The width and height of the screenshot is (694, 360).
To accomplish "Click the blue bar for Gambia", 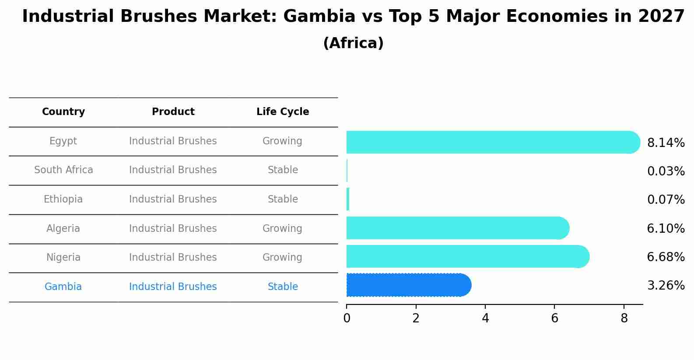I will coord(408,285).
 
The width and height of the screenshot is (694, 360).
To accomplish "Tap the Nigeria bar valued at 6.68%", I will coord(467,257).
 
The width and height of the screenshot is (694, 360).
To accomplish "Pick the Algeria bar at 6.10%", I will coord(457,228).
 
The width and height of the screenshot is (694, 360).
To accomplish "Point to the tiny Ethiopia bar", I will coord(348,199).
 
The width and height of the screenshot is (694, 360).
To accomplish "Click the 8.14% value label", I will coord(666,143).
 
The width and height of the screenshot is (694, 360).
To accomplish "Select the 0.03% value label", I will coord(666,171).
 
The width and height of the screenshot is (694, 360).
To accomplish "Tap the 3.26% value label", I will coord(666,286).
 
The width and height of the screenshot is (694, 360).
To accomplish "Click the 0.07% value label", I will coord(666,200).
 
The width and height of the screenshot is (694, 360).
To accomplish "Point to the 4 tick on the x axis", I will coord(485,318).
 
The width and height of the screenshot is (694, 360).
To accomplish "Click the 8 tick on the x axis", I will coord(624,318).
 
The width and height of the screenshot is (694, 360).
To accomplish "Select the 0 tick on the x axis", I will coord(347,318).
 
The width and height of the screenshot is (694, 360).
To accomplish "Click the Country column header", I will coord(63,112).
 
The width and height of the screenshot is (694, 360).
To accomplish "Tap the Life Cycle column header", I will coord(283,112).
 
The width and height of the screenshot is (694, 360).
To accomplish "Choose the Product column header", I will coord(173,112).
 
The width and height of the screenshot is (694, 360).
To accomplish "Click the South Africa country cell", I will coord(63,170).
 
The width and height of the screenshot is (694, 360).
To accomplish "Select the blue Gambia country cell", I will coord(63,287).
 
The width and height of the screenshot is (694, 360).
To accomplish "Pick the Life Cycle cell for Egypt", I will coord(282,141).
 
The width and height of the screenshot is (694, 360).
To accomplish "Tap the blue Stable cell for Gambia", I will coord(283,287).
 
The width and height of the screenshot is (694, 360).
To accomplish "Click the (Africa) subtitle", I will coord(353,43).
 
